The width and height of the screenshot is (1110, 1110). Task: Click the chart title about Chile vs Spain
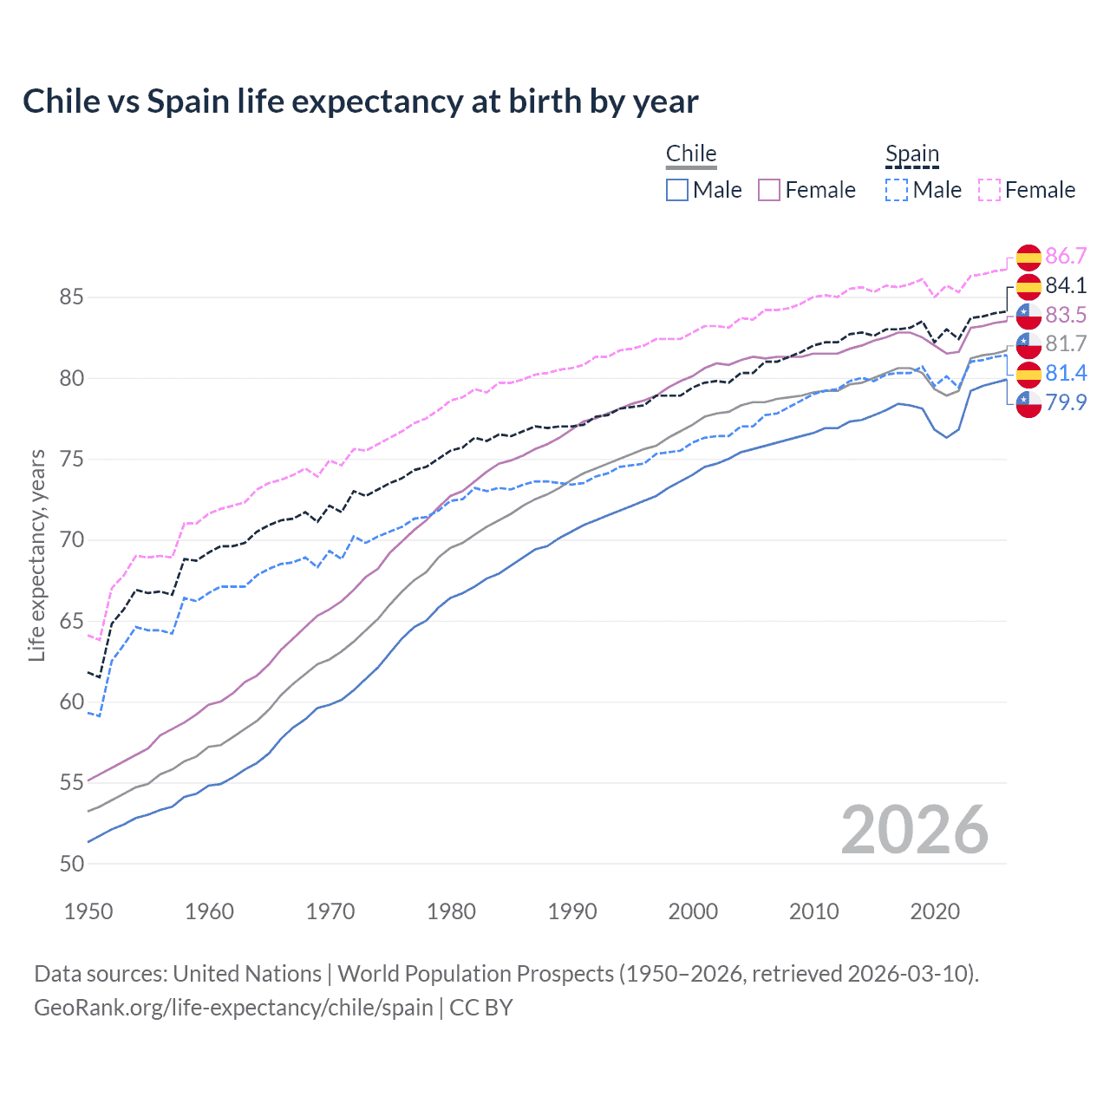click(x=360, y=101)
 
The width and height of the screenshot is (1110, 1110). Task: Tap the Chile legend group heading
click(x=691, y=153)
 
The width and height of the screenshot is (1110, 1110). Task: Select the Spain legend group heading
click(x=912, y=153)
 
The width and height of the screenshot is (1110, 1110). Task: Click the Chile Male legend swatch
click(x=677, y=190)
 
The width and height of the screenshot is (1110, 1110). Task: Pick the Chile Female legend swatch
click(x=769, y=190)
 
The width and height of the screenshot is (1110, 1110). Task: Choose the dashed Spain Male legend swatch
click(x=897, y=190)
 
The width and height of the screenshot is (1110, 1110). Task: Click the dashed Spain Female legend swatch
click(x=989, y=190)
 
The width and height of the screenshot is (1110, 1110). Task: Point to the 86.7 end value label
click(x=1066, y=256)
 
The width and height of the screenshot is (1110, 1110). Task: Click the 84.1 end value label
click(x=1066, y=285)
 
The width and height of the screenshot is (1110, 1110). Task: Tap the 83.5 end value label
click(x=1066, y=315)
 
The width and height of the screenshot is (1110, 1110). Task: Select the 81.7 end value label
click(x=1066, y=344)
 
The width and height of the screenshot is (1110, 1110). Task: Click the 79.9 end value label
click(x=1066, y=402)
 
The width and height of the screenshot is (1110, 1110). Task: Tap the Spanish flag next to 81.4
click(x=1028, y=374)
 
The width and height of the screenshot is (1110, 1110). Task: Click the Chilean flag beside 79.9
click(x=1028, y=403)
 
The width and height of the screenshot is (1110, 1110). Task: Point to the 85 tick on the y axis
click(x=72, y=297)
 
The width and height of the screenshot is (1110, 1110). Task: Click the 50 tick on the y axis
click(x=72, y=864)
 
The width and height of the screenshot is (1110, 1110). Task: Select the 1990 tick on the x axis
click(x=572, y=911)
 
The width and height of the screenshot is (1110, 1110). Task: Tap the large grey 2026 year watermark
click(x=915, y=830)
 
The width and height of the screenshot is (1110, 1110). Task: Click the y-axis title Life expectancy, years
click(x=36, y=555)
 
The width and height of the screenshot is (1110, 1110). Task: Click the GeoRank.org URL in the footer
click(x=233, y=1008)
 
